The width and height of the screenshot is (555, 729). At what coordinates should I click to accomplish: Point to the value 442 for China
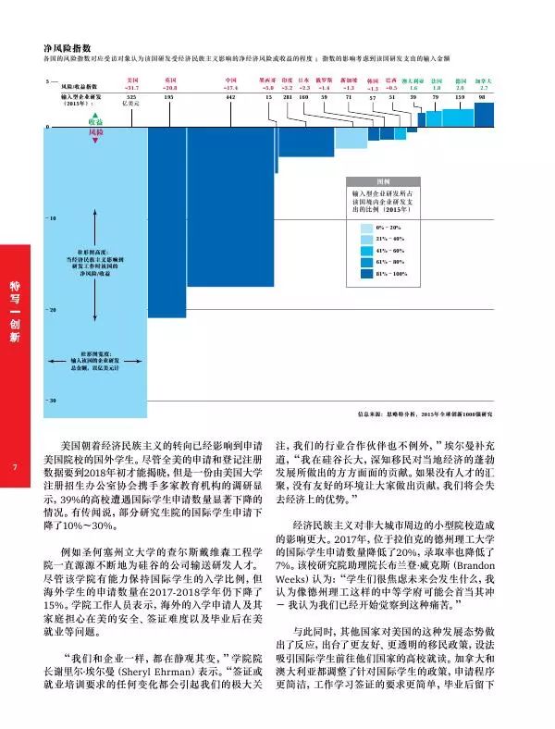[231, 96]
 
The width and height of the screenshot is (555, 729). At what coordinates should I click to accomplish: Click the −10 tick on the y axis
[52, 218]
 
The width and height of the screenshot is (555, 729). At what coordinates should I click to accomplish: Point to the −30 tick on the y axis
[52, 400]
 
